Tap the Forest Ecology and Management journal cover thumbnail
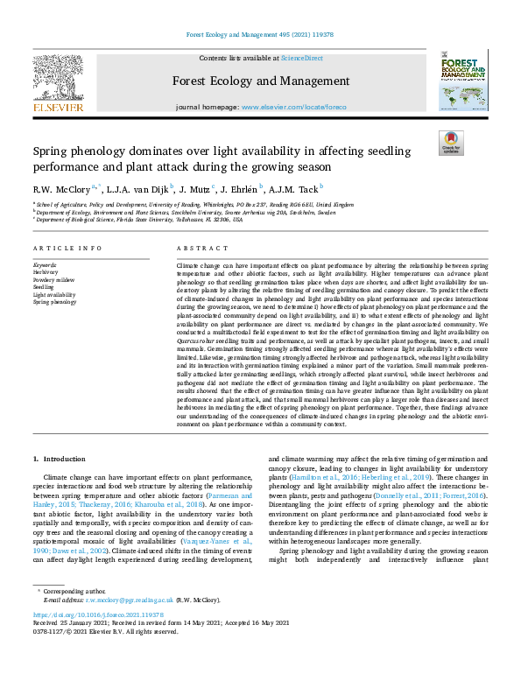463,83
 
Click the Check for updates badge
451,143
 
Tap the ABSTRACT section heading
196,249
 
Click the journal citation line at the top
260,36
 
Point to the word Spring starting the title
54,151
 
